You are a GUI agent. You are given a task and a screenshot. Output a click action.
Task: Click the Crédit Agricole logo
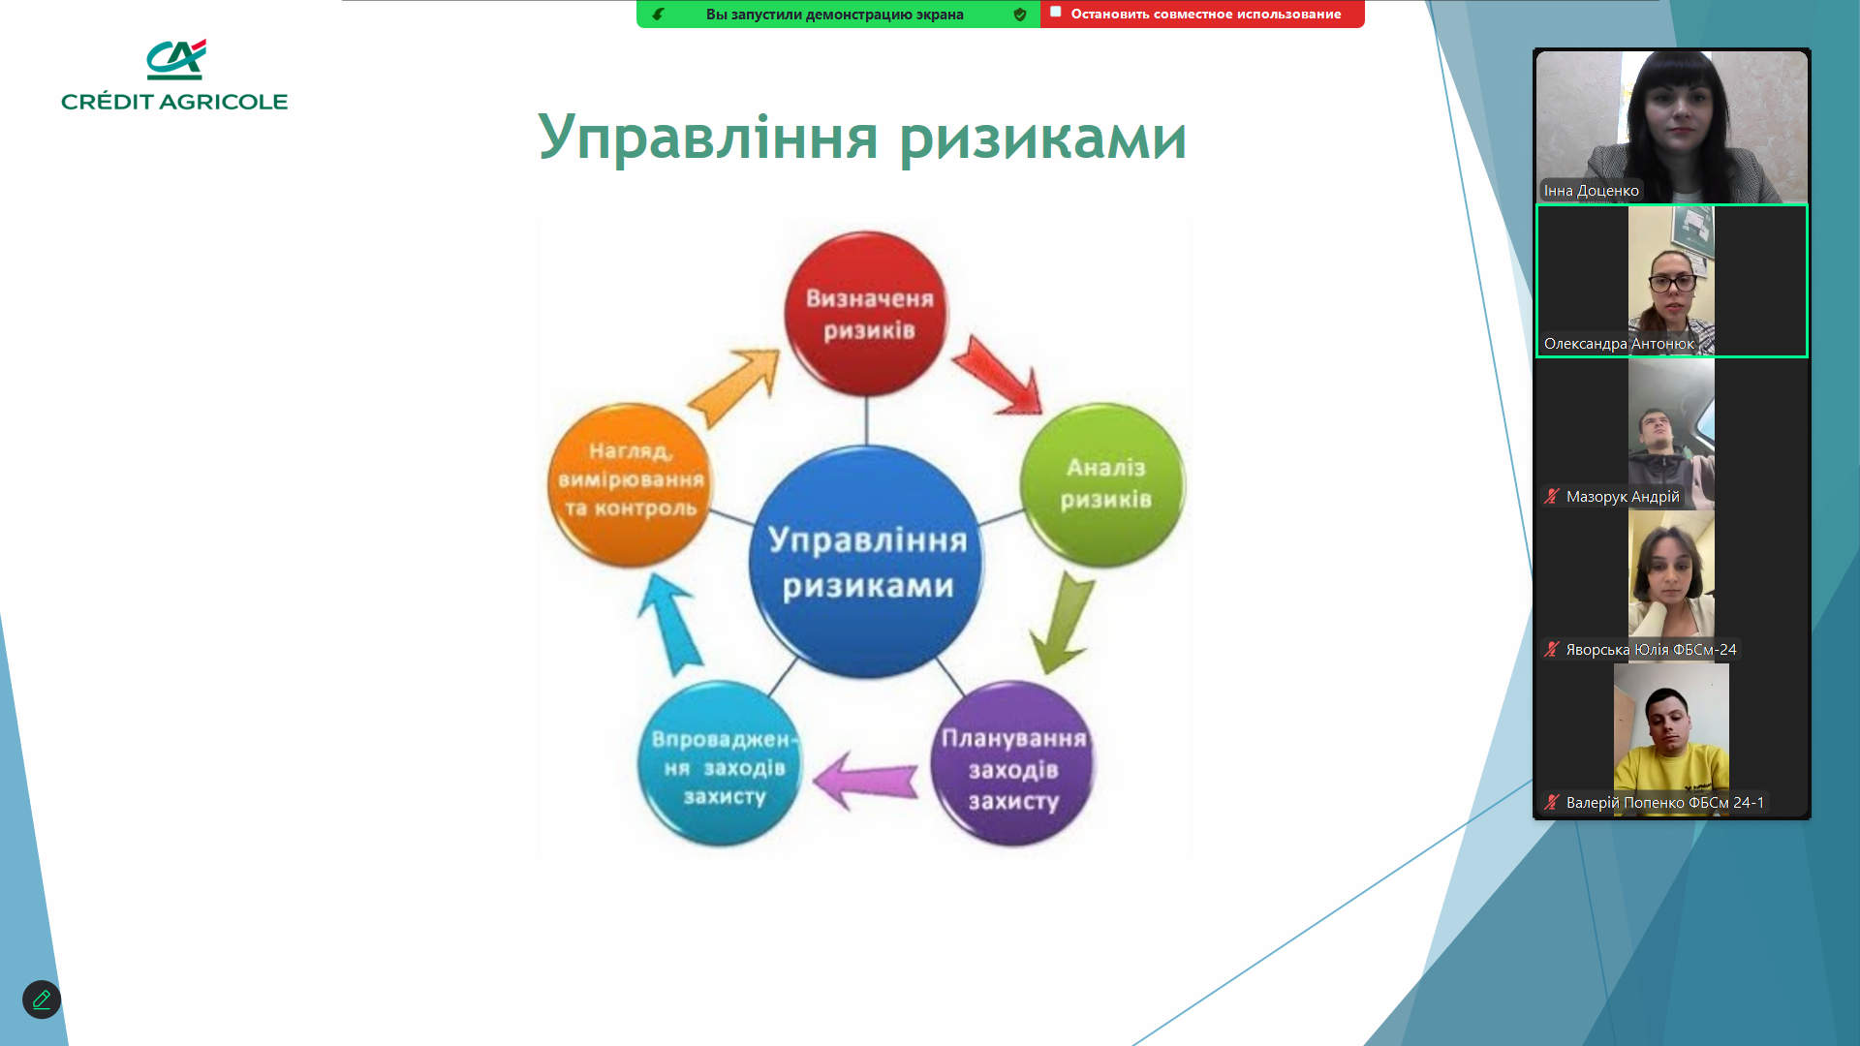(174, 75)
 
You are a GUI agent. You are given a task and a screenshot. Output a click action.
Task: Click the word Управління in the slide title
(708, 138)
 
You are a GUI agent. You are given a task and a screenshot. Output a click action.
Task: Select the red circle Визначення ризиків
(867, 313)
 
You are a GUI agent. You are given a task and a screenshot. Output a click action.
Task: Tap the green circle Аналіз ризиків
(1103, 484)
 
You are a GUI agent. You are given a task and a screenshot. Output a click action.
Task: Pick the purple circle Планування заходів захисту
(1012, 764)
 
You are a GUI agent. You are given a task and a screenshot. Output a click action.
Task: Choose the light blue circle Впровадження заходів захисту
(721, 764)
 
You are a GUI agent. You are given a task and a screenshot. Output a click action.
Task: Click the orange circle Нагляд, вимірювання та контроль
(631, 484)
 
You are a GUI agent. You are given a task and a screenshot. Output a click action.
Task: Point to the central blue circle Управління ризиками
(867, 562)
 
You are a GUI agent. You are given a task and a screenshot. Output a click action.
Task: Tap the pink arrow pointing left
(865, 780)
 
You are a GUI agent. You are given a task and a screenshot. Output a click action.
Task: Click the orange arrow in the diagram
(734, 387)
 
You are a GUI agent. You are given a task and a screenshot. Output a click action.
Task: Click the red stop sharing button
(1202, 14)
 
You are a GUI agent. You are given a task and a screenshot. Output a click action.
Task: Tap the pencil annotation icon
(42, 1000)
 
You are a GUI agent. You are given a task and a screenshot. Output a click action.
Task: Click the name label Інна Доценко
(1592, 191)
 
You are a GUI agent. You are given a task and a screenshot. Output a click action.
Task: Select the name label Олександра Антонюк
(1619, 344)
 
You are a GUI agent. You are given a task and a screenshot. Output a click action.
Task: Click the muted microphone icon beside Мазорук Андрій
(1552, 497)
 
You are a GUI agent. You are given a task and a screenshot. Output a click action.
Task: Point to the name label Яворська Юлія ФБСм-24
(1651, 650)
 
